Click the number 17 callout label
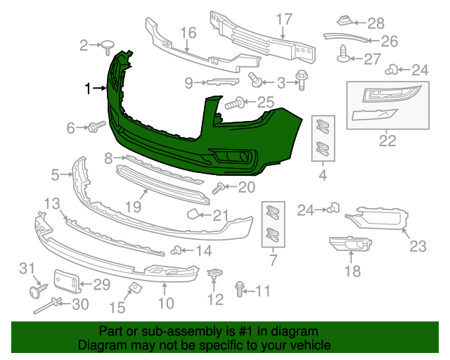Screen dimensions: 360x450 point(283,18)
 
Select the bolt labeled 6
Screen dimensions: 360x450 point(96,127)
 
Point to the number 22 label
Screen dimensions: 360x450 point(387,141)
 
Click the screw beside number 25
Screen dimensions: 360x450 point(235,104)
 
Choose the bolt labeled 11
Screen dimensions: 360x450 point(240,288)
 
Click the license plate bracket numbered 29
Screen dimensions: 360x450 point(66,281)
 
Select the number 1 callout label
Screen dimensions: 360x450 point(88,89)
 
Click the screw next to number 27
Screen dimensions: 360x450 point(345,53)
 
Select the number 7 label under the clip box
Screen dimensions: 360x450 point(274,262)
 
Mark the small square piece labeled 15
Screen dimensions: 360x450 point(132,288)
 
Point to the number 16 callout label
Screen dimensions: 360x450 point(188,32)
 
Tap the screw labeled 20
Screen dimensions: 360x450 point(219,187)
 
